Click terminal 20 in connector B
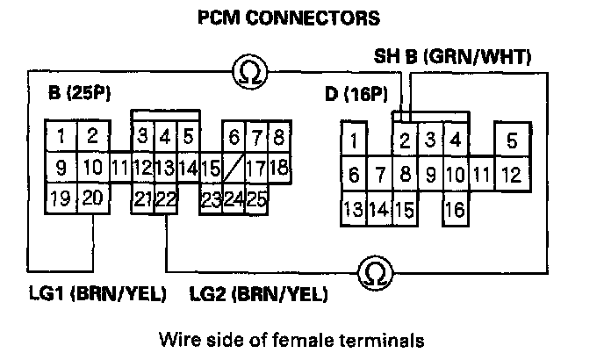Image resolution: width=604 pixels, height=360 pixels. tap(92, 198)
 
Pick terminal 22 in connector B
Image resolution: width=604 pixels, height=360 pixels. tap(166, 199)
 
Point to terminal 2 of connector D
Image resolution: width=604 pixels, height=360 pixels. tap(406, 140)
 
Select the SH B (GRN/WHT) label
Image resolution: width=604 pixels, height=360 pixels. tap(452, 60)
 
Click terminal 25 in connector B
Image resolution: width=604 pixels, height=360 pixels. tap(255, 198)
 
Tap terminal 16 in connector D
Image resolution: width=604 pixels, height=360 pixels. tap(455, 210)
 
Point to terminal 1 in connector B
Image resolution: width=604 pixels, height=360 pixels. tap(61, 135)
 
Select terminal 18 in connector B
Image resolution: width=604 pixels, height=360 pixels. tap(278, 167)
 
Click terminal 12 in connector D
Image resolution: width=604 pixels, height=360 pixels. tap(510, 175)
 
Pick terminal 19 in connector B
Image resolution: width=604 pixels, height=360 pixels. tap(60, 198)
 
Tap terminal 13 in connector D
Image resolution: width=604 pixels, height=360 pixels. tap(353, 210)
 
